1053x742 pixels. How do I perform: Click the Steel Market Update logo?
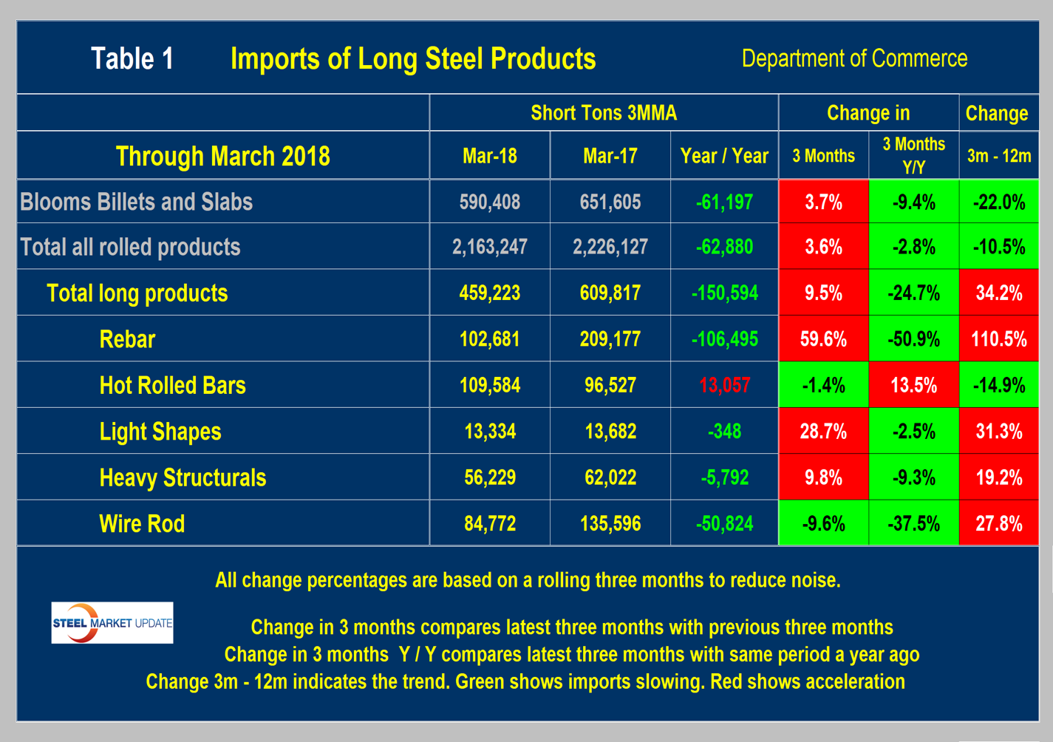tap(112, 622)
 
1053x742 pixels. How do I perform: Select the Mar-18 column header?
tap(489, 156)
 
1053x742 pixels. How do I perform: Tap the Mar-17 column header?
tap(610, 156)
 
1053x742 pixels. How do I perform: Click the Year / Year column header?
tap(724, 156)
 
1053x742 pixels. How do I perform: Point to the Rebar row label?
tap(127, 339)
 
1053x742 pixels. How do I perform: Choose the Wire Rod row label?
tap(142, 524)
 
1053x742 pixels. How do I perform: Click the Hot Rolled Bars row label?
tap(172, 385)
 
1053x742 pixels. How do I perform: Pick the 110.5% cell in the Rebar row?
tap(998, 339)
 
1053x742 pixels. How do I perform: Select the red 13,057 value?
tap(724, 385)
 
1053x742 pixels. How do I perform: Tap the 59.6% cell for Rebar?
tap(823, 339)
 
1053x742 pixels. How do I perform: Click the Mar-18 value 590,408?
tap(489, 202)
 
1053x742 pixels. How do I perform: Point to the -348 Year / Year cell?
tap(724, 432)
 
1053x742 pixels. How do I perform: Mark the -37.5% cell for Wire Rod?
tap(913, 524)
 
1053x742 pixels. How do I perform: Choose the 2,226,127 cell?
tap(610, 247)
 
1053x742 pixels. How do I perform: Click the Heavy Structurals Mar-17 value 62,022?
tap(610, 477)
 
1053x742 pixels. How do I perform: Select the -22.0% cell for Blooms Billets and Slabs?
tap(998, 202)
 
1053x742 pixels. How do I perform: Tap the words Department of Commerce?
tap(854, 58)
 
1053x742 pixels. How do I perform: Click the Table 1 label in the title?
tap(132, 59)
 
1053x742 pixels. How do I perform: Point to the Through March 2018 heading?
tap(222, 156)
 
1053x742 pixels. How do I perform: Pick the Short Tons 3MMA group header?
tap(603, 113)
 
